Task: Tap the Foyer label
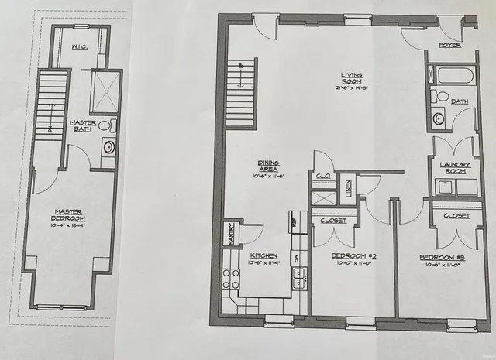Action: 449,46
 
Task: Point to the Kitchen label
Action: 264,255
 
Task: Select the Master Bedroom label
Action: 69,215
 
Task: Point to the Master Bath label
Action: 82,126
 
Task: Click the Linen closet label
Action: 348,188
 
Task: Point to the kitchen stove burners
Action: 230,279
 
